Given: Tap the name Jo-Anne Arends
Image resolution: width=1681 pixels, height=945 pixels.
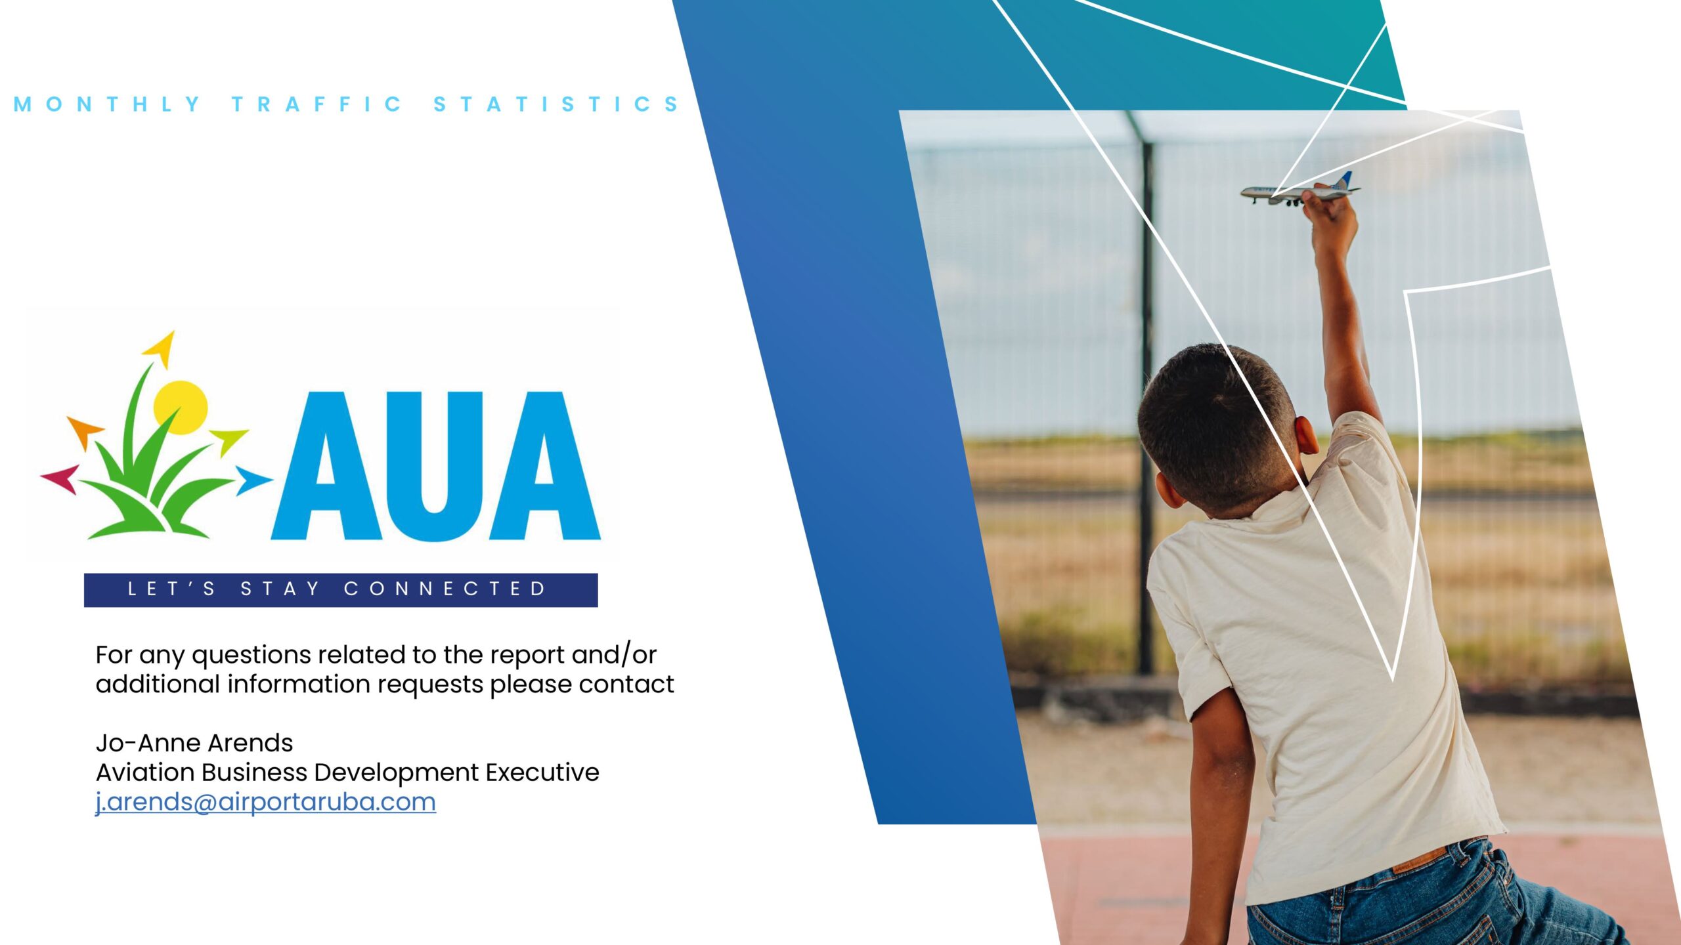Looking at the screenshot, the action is tap(194, 743).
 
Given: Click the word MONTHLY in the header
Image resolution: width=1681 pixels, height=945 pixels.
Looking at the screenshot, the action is tap(107, 104).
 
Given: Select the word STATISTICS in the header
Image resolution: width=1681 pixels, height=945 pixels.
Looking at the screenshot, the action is tap(556, 104).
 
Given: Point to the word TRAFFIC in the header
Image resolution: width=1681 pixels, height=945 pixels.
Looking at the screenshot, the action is tap(317, 104).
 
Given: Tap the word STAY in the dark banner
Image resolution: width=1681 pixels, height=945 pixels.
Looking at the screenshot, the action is tap(280, 589).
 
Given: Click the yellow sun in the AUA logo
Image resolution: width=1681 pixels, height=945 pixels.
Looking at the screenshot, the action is tap(181, 407).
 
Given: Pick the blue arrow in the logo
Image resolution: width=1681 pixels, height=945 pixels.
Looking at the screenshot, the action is tap(251, 480).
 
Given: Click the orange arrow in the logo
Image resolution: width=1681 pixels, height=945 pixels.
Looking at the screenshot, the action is tap(85, 431).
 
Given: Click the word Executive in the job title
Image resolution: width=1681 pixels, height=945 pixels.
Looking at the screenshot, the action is tap(542, 772).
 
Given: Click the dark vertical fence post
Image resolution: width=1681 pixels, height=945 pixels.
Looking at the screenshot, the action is tap(1145, 394).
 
